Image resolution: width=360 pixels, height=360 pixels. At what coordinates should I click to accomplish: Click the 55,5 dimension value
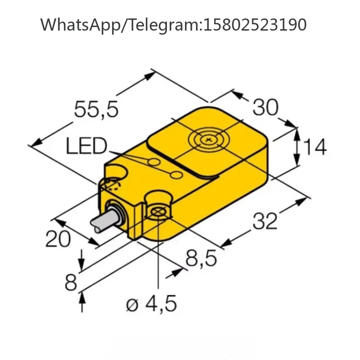pos(96,109)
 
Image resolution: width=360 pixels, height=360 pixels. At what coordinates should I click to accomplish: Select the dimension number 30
pos(265,107)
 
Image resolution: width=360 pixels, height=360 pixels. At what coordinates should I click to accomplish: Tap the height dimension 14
pos(315,147)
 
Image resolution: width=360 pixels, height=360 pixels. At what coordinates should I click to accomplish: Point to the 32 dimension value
pos(265,221)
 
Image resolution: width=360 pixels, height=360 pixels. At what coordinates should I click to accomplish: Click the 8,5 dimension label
pos(201,258)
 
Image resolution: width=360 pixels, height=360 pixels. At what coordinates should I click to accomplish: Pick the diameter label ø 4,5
pos(152,303)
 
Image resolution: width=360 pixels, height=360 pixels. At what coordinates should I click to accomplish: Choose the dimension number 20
pos(58,239)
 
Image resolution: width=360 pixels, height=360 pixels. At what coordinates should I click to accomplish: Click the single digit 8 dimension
pos(71,283)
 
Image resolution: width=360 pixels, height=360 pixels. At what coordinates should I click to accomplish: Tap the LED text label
pos(86,146)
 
